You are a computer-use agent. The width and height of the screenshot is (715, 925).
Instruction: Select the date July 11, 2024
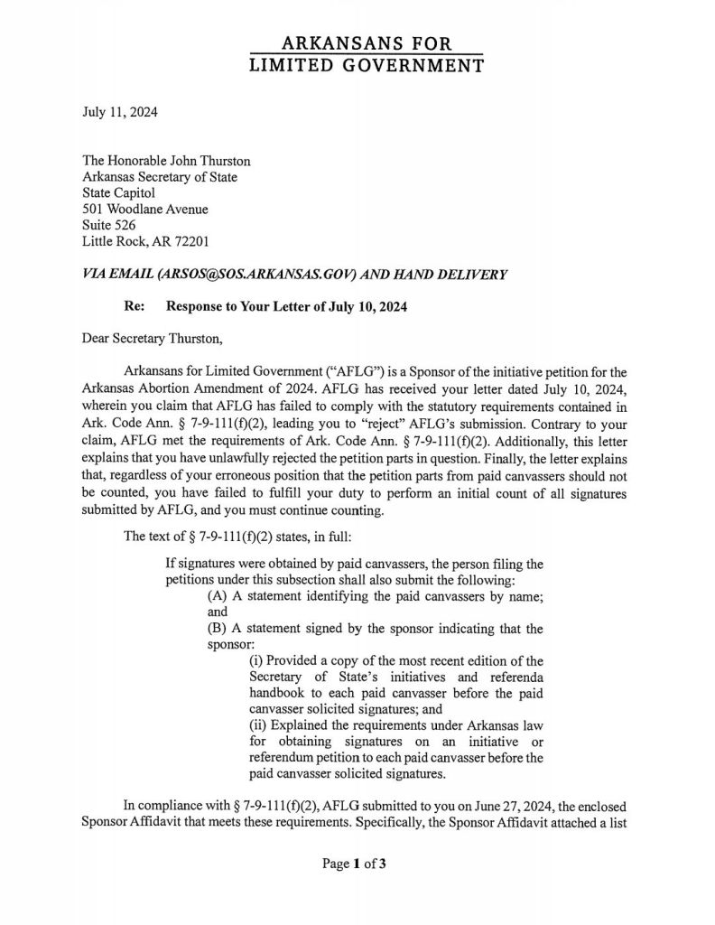(118, 113)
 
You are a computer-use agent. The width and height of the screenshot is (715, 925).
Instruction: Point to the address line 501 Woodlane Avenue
(145, 210)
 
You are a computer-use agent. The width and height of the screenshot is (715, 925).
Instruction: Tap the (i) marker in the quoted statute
(255, 660)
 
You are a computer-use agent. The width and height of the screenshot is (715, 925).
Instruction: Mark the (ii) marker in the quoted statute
(257, 725)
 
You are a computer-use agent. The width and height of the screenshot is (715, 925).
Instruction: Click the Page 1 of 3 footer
(355, 864)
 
